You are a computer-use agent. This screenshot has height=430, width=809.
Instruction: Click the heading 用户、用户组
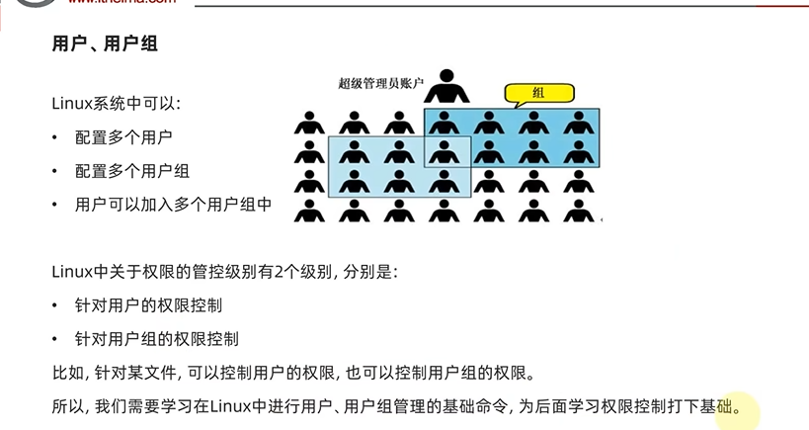click(106, 44)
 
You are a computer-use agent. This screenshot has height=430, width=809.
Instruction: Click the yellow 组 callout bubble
click(538, 94)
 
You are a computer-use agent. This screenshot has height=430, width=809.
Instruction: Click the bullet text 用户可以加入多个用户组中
click(174, 205)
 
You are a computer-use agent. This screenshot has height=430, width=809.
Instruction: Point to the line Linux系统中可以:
click(117, 103)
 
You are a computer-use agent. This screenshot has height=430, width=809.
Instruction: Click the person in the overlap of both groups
click(446, 153)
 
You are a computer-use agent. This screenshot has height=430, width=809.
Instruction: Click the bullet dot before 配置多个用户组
click(56, 171)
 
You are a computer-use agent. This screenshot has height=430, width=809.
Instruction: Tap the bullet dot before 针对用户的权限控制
click(56, 305)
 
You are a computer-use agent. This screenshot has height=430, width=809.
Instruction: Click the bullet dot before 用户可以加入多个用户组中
click(56, 205)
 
